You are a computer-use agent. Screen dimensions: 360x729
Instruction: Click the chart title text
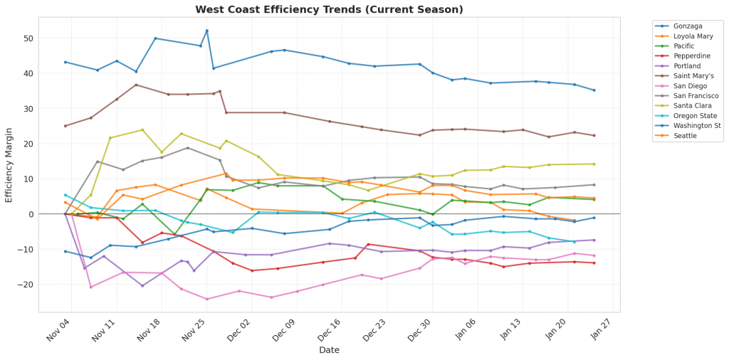[x=329, y=9]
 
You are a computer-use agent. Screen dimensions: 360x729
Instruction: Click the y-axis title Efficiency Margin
[x=9, y=164]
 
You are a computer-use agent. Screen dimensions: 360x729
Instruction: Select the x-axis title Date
[x=329, y=350]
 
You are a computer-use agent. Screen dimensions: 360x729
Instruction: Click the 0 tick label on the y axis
[x=31, y=214]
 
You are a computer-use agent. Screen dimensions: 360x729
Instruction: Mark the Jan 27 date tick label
[x=602, y=331]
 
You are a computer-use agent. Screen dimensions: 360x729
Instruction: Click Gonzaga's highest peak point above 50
[x=206, y=31]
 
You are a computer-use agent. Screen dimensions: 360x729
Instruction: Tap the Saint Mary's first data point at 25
[x=65, y=126]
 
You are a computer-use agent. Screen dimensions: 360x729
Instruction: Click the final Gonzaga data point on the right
[x=594, y=90]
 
